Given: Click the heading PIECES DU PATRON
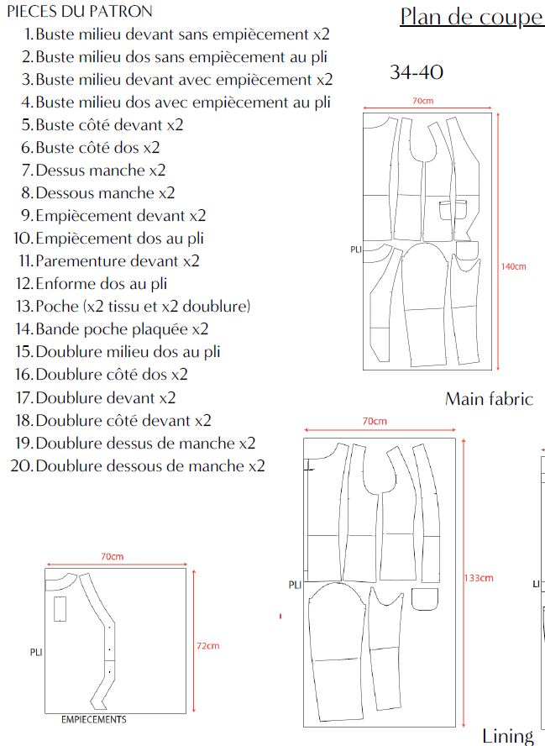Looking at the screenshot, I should (80, 12).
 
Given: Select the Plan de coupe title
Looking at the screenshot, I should (471, 17).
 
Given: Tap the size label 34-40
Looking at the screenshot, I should (417, 72).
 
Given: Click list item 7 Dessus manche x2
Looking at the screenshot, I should (101, 170).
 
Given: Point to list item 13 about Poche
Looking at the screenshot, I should (143, 306).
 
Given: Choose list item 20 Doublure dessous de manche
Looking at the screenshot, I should (150, 465).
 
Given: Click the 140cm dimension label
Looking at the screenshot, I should (513, 267).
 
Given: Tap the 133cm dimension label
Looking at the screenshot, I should (479, 578).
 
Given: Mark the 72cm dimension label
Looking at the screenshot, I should (207, 646).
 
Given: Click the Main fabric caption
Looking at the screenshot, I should (489, 399).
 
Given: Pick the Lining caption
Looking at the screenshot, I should (508, 736).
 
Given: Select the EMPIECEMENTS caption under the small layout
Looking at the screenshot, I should (94, 720).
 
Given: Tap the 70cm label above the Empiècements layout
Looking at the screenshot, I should (112, 557).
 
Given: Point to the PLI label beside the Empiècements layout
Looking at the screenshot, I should (35, 651).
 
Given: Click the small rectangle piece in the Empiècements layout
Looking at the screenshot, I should (60, 608).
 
